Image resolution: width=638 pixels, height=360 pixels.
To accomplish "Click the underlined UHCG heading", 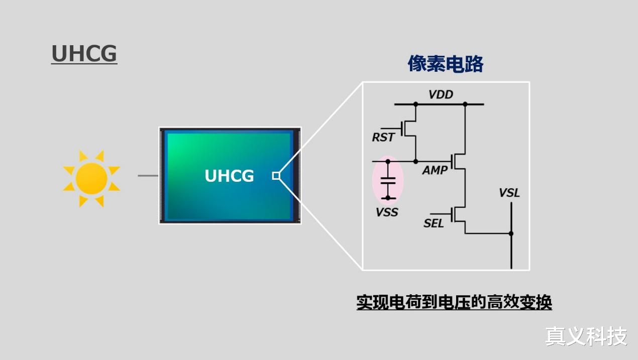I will (x=84, y=54).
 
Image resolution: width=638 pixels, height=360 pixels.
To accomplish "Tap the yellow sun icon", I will (x=91, y=178).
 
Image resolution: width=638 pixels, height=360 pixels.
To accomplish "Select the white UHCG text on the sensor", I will (x=229, y=176).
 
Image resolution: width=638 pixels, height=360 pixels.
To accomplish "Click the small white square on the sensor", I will (x=276, y=175).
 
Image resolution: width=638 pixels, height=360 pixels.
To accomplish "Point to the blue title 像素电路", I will (x=445, y=64).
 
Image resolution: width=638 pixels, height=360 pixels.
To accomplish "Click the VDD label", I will (x=441, y=94).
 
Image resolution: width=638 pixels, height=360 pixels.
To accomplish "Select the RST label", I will (x=383, y=137).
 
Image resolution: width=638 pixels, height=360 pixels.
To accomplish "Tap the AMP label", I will (x=435, y=170).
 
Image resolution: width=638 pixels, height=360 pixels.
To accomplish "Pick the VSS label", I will (x=387, y=212).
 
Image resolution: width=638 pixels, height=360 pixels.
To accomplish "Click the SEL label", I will (x=434, y=223).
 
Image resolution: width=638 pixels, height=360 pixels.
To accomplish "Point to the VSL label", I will (x=509, y=193).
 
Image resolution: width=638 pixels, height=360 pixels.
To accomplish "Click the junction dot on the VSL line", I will (x=511, y=233).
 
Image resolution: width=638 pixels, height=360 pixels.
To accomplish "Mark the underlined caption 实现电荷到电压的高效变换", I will (x=454, y=302).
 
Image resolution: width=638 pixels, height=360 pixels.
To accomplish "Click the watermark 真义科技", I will (x=586, y=336).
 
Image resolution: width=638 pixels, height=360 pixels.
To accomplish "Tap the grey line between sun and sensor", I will (x=148, y=176).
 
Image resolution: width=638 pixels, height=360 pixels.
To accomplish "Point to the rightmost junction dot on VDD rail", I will (x=465, y=104).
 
